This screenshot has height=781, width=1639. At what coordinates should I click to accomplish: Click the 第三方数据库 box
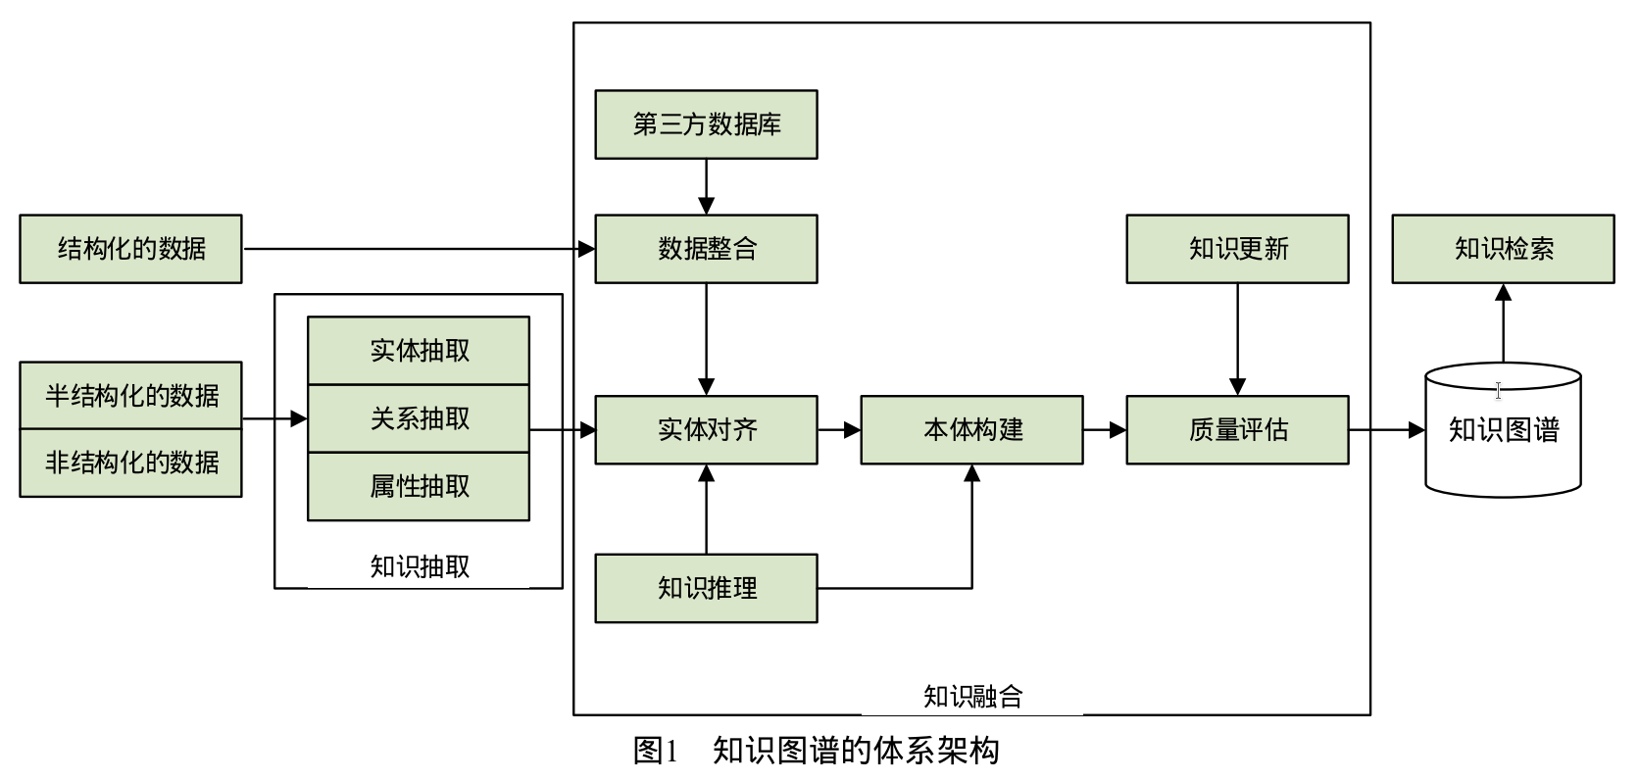[x=706, y=124]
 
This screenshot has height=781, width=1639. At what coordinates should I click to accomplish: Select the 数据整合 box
[x=706, y=249]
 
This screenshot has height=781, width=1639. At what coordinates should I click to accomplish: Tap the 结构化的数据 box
[x=130, y=249]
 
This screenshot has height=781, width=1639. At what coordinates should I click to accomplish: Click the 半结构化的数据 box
[x=130, y=395]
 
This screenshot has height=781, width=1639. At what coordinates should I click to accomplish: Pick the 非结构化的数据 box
[x=130, y=463]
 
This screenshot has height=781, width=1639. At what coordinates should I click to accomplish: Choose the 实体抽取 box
[x=419, y=350]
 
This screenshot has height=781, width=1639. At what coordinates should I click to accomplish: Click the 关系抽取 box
[x=419, y=418]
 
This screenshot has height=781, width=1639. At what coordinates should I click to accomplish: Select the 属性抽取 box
[x=419, y=486]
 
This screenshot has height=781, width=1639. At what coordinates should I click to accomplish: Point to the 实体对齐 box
[x=706, y=429]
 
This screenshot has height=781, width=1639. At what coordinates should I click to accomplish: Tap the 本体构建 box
[x=971, y=429]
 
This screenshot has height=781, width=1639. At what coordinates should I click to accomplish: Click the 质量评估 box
[x=1237, y=429]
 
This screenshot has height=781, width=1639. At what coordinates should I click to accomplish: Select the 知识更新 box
[x=1237, y=249]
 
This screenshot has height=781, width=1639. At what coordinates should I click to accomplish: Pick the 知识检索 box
[x=1503, y=249]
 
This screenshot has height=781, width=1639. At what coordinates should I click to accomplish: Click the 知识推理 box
[x=706, y=588]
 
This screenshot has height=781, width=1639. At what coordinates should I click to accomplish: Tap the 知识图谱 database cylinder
[x=1503, y=429]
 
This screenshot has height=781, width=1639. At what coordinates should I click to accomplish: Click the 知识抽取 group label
[x=419, y=566]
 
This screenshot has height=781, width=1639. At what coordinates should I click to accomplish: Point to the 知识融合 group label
[x=971, y=697]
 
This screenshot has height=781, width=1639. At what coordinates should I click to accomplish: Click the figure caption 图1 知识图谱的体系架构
[x=816, y=751]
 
